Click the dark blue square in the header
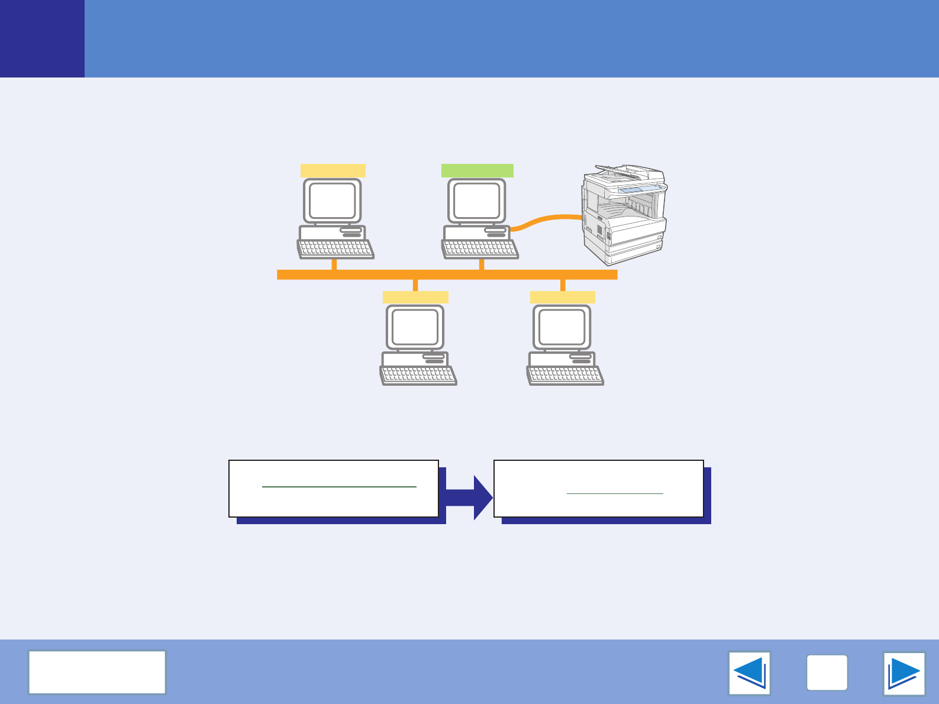[x=42, y=38]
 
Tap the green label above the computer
[x=477, y=171]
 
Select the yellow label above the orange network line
[x=333, y=171]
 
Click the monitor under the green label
[x=476, y=201]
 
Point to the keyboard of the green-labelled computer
[x=480, y=249]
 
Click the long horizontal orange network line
[x=447, y=275]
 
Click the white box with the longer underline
[x=334, y=489]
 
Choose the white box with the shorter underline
[x=598, y=489]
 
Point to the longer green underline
[x=339, y=487]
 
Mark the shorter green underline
[x=615, y=493]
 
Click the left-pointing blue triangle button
[x=749, y=673]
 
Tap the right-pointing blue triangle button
[x=903, y=673]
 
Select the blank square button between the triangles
[x=827, y=673]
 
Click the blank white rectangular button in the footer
[x=97, y=672]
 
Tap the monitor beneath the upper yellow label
[x=332, y=201]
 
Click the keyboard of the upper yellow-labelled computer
[x=335, y=249]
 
